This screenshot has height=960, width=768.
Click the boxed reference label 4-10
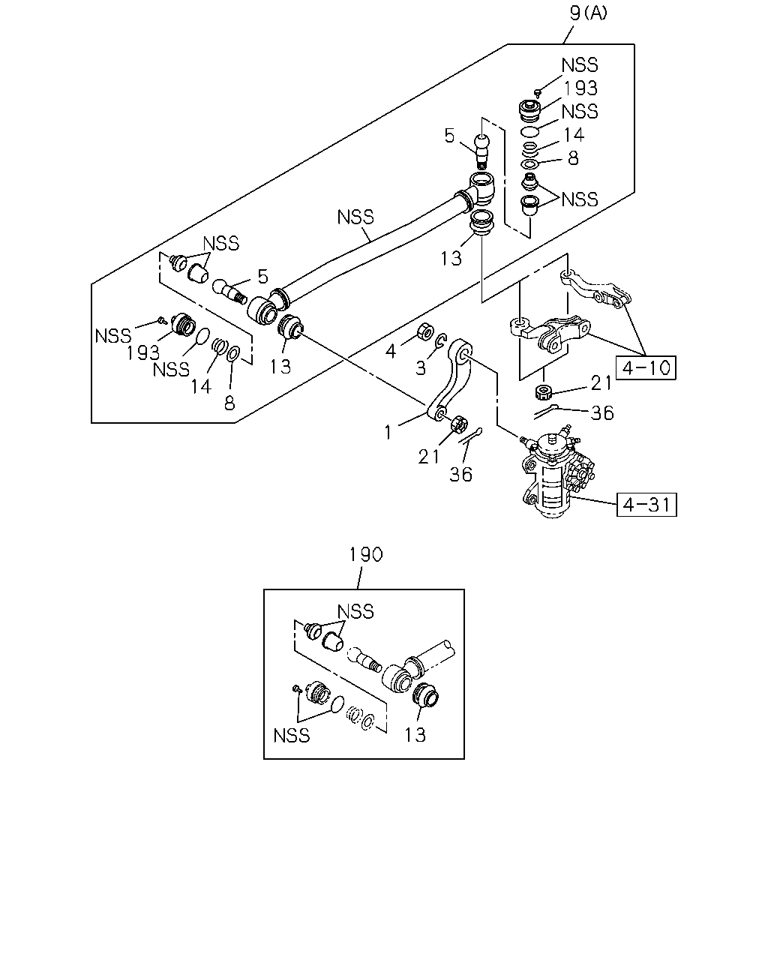click(x=646, y=367)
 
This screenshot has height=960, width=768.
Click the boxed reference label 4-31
click(x=646, y=505)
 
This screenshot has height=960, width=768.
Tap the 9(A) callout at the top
click(x=588, y=13)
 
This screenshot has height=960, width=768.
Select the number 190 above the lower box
click(x=365, y=554)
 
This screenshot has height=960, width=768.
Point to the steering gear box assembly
click(x=556, y=472)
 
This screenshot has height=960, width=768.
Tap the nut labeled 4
click(x=424, y=331)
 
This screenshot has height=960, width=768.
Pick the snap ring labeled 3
click(x=441, y=340)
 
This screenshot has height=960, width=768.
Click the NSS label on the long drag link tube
click(x=355, y=217)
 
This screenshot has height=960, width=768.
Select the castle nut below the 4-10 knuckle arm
click(x=544, y=392)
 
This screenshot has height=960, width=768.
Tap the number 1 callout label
click(x=388, y=432)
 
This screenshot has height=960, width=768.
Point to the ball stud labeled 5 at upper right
click(x=482, y=150)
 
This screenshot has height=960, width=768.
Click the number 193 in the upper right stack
click(x=580, y=88)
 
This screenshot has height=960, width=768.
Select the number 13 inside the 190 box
click(x=415, y=735)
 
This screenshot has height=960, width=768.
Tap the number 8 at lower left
click(x=229, y=403)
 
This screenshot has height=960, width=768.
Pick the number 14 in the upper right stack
click(x=574, y=134)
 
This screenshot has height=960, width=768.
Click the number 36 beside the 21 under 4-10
click(x=602, y=413)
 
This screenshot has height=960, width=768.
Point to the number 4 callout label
click(x=391, y=352)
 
